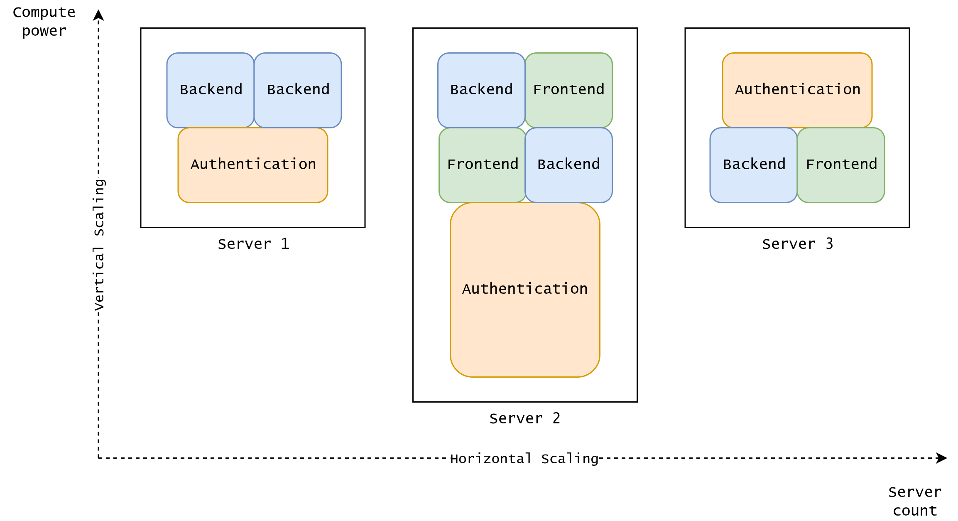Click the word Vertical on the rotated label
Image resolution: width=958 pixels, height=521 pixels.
coord(99,279)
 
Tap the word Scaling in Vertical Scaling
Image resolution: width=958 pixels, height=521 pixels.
coord(99,208)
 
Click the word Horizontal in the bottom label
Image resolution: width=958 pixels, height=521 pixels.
coord(490,459)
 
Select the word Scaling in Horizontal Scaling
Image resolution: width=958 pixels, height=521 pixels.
coord(570,459)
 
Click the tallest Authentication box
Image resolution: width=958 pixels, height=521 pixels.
coord(525,316)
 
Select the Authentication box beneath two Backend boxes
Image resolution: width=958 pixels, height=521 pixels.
coord(252,183)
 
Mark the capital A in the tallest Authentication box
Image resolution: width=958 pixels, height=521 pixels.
coord(467,289)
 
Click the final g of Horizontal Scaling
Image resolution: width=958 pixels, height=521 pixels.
coord(594,460)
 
